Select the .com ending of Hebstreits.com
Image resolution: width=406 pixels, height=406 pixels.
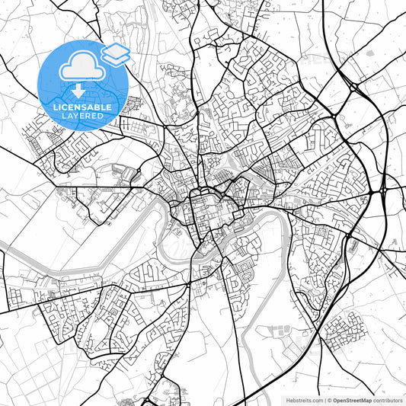tap(313, 399)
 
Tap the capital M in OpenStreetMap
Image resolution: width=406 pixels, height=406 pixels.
tap(363, 399)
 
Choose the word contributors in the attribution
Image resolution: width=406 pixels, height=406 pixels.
tap(388, 399)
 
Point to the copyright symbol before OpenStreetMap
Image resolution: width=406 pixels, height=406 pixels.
tap(328, 399)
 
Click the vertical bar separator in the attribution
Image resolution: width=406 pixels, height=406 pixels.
tap(323, 399)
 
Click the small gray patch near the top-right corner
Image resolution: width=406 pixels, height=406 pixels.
tap(370, 53)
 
